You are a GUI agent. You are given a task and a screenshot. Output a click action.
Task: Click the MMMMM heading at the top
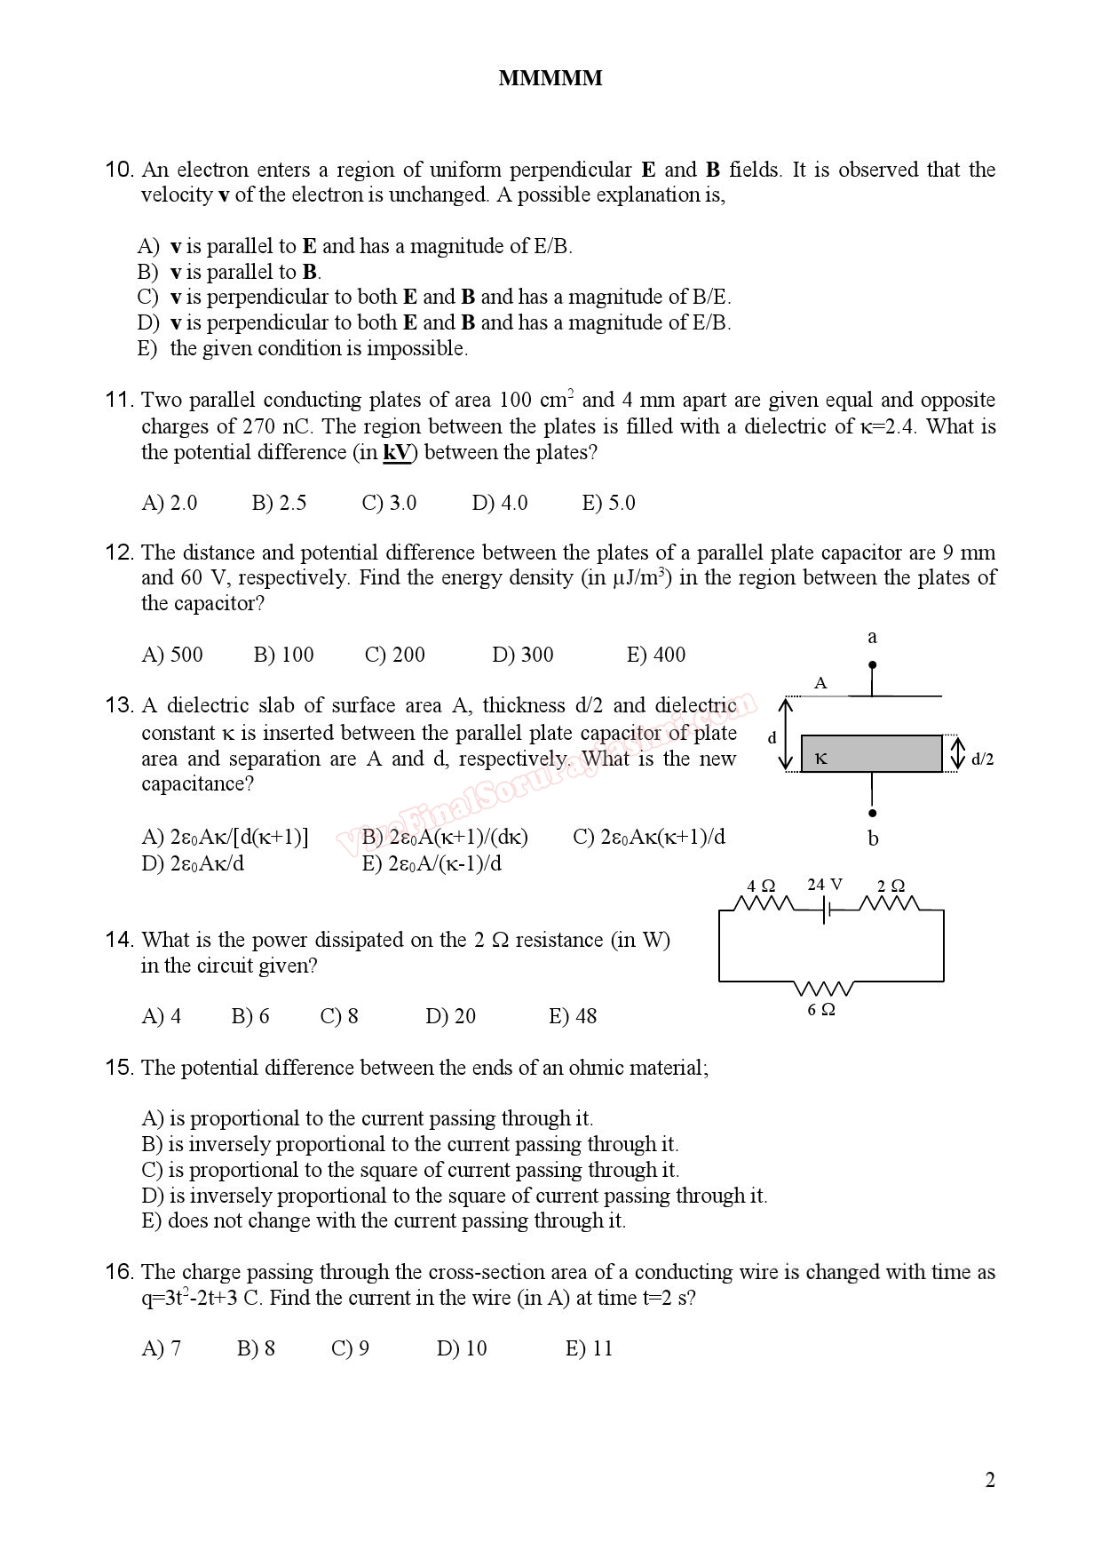(550, 79)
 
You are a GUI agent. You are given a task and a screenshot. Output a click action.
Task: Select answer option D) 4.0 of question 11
(499, 503)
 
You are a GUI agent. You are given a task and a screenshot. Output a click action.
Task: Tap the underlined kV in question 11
(397, 453)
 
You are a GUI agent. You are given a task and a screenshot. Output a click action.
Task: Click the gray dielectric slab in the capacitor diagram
(871, 754)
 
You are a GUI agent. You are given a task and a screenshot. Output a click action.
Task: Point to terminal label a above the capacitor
(872, 637)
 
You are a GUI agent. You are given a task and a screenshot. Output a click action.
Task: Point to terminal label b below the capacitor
(873, 839)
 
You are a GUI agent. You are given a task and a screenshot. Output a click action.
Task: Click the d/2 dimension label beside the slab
(982, 759)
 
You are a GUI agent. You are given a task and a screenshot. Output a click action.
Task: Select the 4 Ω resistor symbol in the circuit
(764, 905)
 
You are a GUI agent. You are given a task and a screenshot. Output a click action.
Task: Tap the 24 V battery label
(825, 885)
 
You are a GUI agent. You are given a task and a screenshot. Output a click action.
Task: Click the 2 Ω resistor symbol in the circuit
(890, 905)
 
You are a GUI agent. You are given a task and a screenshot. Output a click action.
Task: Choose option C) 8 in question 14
(339, 1016)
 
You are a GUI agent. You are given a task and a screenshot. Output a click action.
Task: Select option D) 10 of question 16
(462, 1349)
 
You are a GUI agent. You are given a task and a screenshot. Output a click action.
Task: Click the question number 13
(119, 706)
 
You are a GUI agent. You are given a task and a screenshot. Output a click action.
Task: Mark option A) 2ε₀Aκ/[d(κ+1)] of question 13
(225, 838)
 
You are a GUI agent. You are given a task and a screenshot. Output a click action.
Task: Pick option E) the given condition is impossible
(302, 349)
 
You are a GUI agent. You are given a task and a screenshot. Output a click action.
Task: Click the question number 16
(119, 1273)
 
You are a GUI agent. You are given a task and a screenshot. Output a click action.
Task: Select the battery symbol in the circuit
(827, 910)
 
